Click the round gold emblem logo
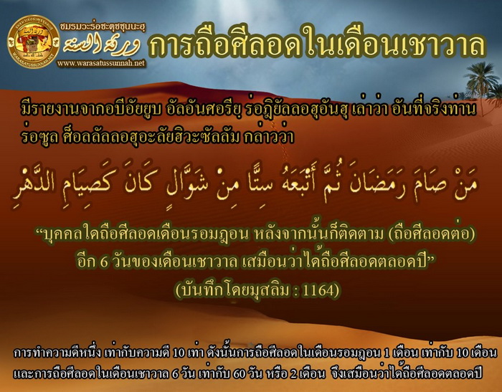[34, 42]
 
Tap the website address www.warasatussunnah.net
[102, 63]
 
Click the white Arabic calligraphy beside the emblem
[102, 45]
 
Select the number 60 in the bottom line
[239, 374]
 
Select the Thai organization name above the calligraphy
[103, 28]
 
